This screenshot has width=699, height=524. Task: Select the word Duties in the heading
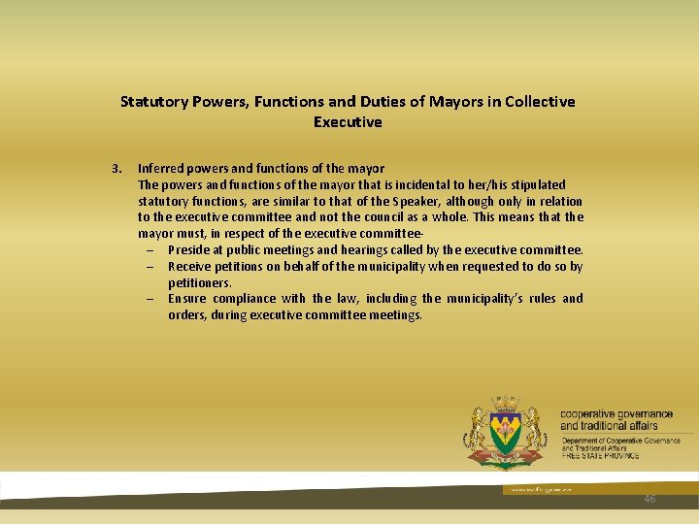tap(424, 101)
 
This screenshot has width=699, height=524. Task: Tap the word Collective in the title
tap(539, 101)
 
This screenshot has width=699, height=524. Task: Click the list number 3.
tap(116, 168)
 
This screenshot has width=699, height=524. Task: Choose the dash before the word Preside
tap(152, 250)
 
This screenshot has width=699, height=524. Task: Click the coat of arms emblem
tap(506, 433)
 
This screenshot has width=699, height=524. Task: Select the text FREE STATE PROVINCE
tap(600, 455)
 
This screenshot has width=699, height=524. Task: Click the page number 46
tap(649, 499)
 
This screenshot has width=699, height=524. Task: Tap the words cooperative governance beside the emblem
tap(616, 414)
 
